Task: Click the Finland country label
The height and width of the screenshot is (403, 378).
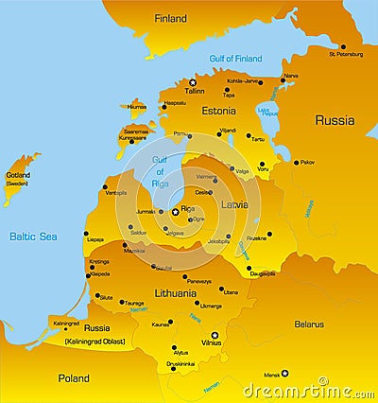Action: [170, 18]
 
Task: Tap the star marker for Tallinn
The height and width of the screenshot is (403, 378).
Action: [192, 82]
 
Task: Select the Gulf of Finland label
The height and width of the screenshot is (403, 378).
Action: [236, 59]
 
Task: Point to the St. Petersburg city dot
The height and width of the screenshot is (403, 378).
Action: [343, 46]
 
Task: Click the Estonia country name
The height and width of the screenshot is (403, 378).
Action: [218, 111]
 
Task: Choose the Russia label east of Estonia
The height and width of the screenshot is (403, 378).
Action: [335, 120]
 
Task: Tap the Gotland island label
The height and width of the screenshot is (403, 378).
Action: [18, 175]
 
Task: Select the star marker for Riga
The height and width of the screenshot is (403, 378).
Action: [175, 211]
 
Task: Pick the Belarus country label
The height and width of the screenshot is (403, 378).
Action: [309, 324]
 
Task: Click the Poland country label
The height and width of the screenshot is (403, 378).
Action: [73, 377]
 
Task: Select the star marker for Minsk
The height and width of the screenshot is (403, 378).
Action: [286, 373]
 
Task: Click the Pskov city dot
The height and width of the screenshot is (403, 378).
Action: [294, 163]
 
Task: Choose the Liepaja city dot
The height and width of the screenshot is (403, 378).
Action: [86, 233]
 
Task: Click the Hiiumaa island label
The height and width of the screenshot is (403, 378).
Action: [149, 107]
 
